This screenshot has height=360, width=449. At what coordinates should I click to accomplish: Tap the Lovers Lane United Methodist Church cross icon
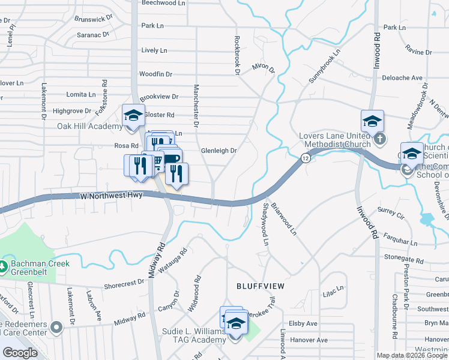point(379,139)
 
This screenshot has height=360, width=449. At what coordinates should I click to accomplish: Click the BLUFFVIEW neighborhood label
point(260,286)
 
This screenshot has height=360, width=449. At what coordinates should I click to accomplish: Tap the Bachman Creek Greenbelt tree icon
point(4,265)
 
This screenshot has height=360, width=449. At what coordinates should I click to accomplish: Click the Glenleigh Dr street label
point(218,151)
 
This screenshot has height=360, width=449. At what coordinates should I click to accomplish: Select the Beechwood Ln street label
point(164,3)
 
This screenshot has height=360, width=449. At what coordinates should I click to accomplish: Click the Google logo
point(19,353)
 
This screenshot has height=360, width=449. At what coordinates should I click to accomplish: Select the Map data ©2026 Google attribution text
point(412,355)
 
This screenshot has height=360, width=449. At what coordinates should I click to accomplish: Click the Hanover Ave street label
point(309,340)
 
